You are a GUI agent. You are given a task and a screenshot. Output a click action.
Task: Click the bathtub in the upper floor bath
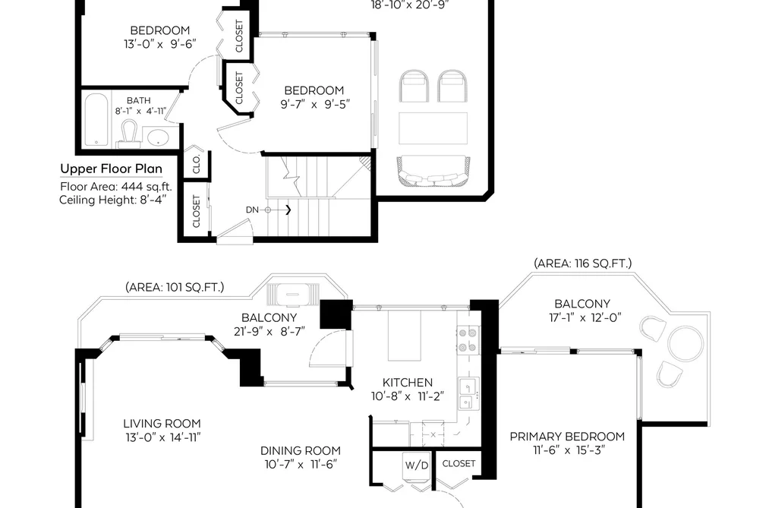pyautogui.click(x=96, y=120)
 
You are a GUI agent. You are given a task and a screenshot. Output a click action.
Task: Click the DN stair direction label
pyautogui.click(x=252, y=210)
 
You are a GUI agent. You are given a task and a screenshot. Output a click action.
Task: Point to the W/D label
pyautogui.click(x=416, y=465)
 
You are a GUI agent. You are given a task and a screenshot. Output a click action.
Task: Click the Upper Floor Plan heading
pyautogui.click(x=112, y=169)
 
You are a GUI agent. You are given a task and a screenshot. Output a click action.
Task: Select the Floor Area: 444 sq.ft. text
pyautogui.click(x=116, y=186)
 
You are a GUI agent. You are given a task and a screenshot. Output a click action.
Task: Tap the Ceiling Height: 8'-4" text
pyautogui.click(x=113, y=200)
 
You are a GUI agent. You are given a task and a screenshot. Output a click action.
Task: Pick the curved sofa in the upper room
pyautogui.click(x=433, y=171)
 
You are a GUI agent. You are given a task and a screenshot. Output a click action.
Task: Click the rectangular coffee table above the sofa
pyautogui.click(x=433, y=128)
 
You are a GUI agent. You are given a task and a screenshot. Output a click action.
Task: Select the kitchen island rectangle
pyautogui.click(x=405, y=336)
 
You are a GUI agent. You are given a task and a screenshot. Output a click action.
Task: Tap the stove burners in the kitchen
pyautogui.click(x=468, y=340)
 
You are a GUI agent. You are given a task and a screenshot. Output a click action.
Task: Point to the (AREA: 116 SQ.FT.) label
pyautogui.click(x=583, y=263)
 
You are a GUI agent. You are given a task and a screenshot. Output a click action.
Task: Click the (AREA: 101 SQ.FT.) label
pyautogui.click(x=175, y=287)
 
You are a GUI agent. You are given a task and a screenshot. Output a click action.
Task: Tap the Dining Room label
pyautogui.click(x=300, y=450)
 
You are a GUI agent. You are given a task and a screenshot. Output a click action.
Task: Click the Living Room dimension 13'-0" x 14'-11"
pyautogui.click(x=162, y=437)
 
